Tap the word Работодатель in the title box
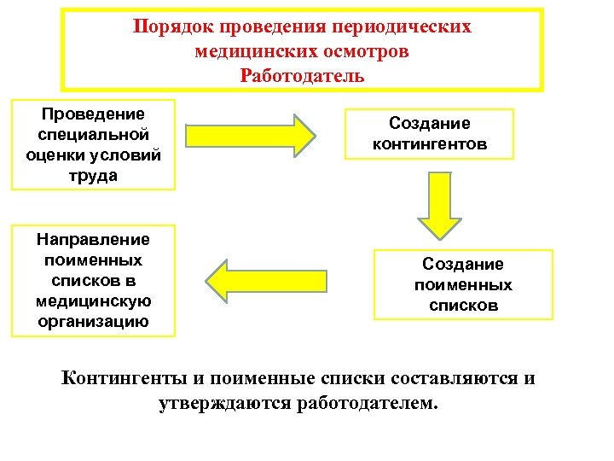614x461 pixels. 302,75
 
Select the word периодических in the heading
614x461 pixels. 405,26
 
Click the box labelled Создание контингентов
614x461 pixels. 429,133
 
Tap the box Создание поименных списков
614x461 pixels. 464,284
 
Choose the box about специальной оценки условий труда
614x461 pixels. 93,143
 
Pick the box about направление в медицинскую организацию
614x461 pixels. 93,280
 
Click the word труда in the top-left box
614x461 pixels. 94,175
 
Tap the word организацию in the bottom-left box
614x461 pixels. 94,322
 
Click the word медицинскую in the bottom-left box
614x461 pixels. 94,301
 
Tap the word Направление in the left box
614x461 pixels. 94,240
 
